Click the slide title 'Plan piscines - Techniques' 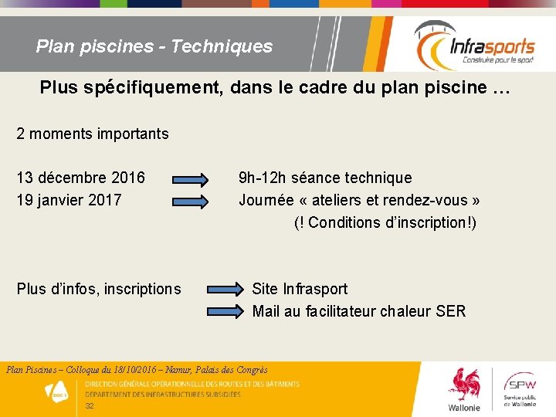[x=154, y=46]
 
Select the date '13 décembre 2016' [x=80, y=178]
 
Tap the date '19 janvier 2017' [x=69, y=201]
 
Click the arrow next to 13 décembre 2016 [x=191, y=180]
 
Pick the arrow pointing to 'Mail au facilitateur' [x=223, y=312]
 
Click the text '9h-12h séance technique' [x=325, y=178]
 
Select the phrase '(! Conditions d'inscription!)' [x=385, y=223]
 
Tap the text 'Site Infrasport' [x=300, y=290]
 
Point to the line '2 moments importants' [x=93, y=134]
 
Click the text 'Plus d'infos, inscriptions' [x=99, y=290]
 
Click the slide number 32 [x=90, y=406]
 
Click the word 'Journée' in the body [x=266, y=201]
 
